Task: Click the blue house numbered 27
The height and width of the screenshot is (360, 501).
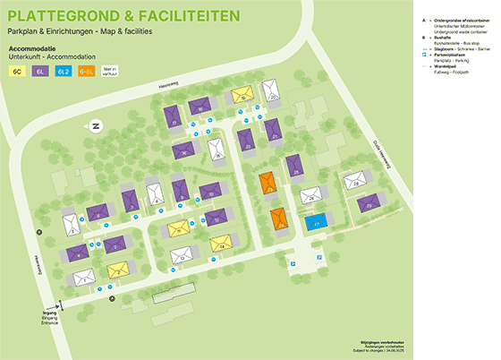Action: pos(313,222)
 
